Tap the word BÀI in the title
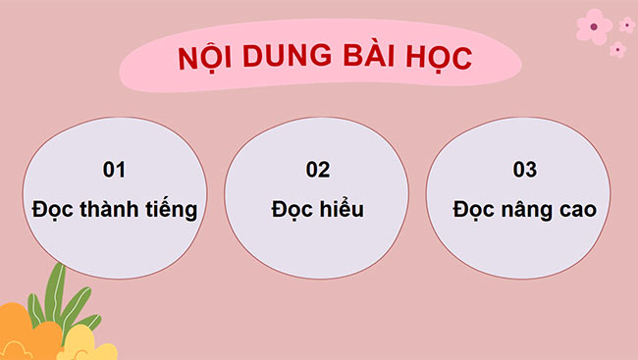(364, 58)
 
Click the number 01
(115, 170)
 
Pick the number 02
(317, 170)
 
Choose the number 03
(525, 170)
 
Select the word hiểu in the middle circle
(343, 209)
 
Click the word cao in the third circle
(576, 210)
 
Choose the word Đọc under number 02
(292, 209)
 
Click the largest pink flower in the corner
(594, 26)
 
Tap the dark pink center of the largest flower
(594, 26)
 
